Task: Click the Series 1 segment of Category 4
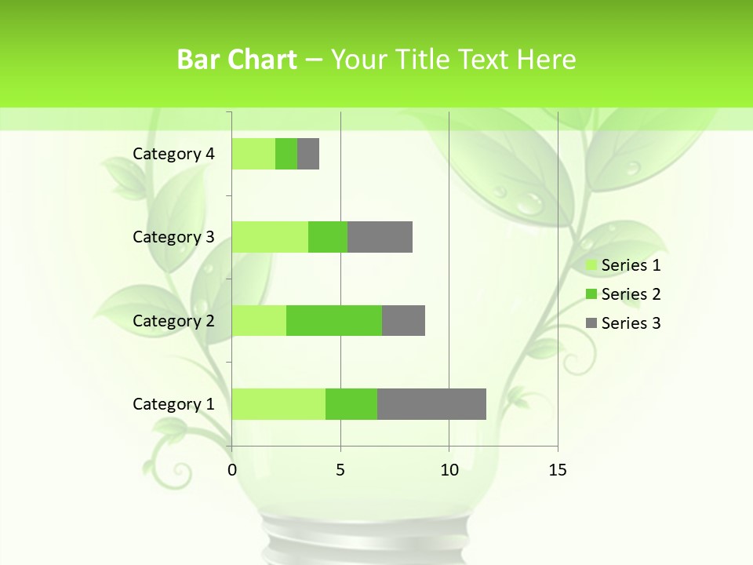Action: coord(253,154)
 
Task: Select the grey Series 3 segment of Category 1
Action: coord(431,404)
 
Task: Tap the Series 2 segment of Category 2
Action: coord(334,321)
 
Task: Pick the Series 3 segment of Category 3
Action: coord(380,237)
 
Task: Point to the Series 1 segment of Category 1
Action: coord(278,404)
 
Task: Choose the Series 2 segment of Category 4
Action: coord(286,154)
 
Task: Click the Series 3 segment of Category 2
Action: coord(403,321)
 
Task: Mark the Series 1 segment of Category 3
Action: coord(270,237)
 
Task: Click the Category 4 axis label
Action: coord(173,154)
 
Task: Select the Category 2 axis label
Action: coord(173,321)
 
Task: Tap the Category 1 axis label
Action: coord(173,404)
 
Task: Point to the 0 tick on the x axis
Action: coord(232,470)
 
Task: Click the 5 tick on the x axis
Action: coord(340,470)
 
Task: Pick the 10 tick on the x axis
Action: coord(449,470)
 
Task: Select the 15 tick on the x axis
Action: coord(557,470)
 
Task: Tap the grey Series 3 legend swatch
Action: coord(591,323)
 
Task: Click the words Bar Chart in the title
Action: coord(236,60)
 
